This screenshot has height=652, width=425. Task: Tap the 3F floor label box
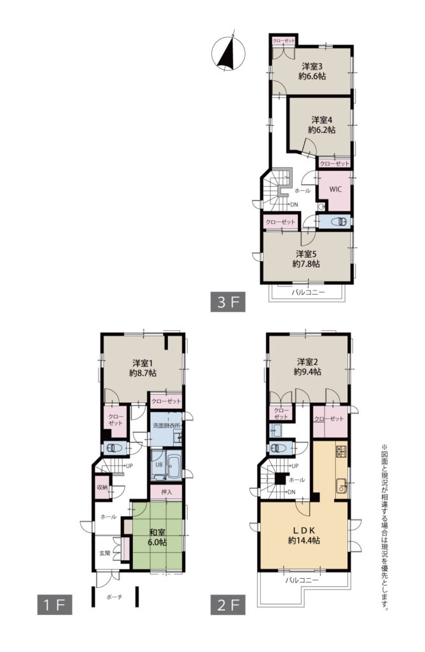[x=228, y=302]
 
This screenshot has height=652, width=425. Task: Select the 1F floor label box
[x=55, y=605]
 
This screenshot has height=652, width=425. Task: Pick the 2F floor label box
[x=228, y=605]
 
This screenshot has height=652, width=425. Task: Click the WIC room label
[x=335, y=189]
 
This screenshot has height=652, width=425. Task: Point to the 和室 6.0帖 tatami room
[x=157, y=536]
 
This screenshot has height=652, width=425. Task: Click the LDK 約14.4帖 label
[x=303, y=535]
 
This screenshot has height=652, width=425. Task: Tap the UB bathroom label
[x=158, y=465]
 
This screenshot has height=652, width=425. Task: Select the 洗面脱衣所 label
[x=165, y=425]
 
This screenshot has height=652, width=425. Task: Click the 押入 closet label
[x=166, y=492]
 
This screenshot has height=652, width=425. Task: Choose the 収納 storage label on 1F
[x=102, y=487]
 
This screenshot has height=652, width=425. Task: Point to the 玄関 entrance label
[x=105, y=553]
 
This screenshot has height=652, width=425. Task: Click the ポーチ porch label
[x=115, y=597]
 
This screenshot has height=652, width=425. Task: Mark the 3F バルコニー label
[x=308, y=292]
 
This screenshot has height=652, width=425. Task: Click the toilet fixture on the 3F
[x=339, y=221]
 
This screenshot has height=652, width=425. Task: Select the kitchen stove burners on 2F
[x=342, y=451]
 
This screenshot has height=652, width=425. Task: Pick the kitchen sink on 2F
[x=342, y=485]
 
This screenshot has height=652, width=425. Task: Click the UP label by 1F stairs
[x=129, y=465]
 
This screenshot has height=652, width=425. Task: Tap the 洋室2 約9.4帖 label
[x=307, y=366]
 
